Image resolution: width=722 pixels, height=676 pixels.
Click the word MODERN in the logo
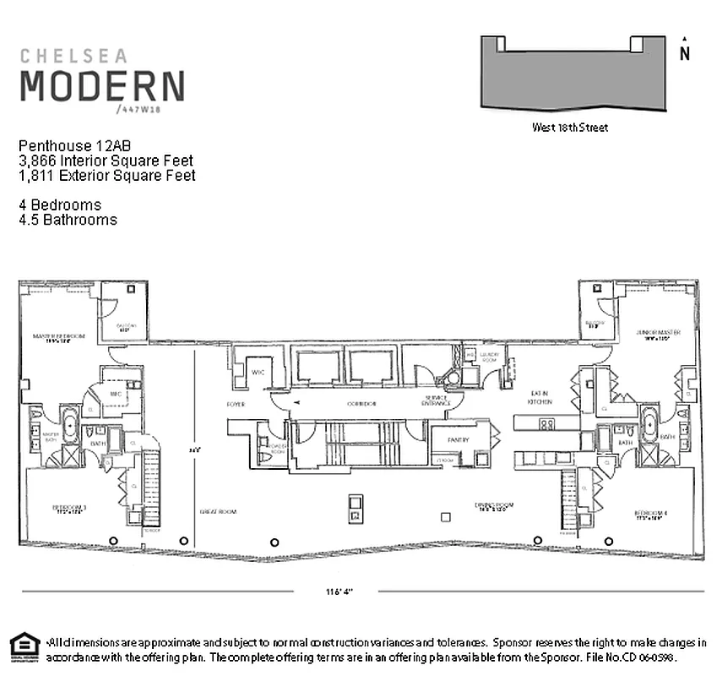(x=101, y=85)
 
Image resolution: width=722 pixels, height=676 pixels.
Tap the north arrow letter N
(x=685, y=53)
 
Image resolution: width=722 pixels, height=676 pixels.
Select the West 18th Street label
(x=569, y=128)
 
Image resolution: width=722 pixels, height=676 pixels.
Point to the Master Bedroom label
(x=59, y=338)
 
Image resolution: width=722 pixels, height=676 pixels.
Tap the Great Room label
(x=218, y=511)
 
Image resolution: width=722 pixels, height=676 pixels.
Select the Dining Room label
(x=492, y=509)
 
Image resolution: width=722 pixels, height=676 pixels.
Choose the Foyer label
(x=236, y=405)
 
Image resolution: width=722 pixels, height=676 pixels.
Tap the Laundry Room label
(x=491, y=357)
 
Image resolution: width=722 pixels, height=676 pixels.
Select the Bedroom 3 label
(x=69, y=510)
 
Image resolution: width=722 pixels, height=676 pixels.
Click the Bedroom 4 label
(x=652, y=515)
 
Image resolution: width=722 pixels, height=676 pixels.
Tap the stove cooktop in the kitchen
(x=546, y=424)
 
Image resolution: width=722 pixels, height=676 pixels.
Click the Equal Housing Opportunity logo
(x=24, y=646)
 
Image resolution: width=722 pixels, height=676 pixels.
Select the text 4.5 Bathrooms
(x=68, y=220)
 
